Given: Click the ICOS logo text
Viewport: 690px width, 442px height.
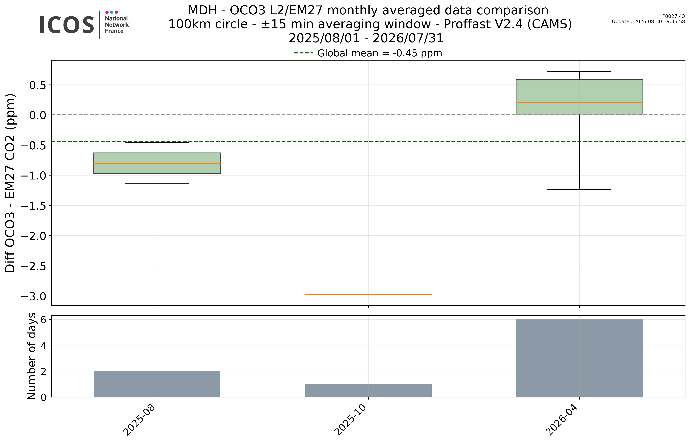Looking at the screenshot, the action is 67,25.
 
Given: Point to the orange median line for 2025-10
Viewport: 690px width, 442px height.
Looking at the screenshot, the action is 368,294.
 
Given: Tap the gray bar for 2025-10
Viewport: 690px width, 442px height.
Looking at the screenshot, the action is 368,391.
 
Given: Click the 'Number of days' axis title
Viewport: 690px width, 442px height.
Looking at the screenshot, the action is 32,356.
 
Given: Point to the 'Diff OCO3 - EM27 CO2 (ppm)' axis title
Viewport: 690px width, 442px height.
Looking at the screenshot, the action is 10,183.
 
